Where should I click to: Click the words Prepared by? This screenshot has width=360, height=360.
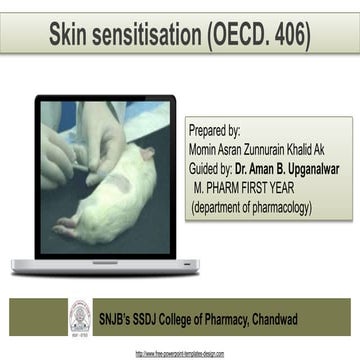tap(215, 131)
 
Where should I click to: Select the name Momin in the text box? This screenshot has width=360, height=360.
tap(208, 150)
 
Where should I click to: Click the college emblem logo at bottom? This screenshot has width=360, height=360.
tap(77, 319)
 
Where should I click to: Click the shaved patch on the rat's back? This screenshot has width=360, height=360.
tap(118, 185)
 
